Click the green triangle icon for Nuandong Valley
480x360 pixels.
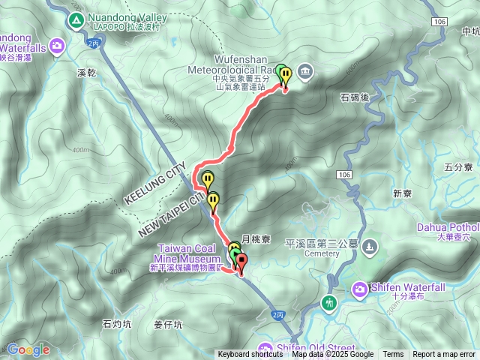[x=76, y=21]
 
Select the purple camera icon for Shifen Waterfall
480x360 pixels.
[x=361, y=288]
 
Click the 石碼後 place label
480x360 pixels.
[x=355, y=97]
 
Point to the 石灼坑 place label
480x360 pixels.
[x=116, y=324]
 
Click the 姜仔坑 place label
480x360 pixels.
[x=168, y=325]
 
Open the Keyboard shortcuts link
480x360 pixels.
[x=250, y=355]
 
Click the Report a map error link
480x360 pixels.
[x=444, y=355]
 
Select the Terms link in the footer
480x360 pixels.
[x=393, y=355]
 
